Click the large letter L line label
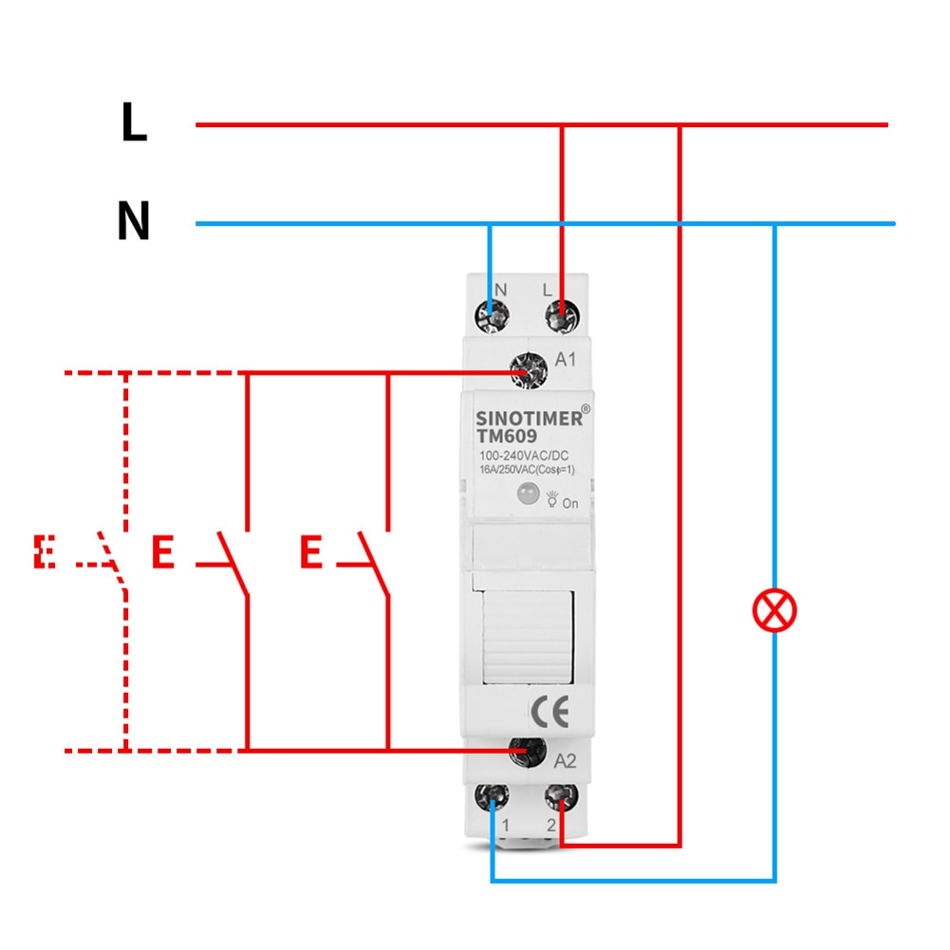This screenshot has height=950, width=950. [134, 123]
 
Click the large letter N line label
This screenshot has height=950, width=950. [134, 223]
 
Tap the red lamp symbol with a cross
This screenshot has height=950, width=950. [774, 610]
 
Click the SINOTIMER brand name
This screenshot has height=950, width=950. [528, 419]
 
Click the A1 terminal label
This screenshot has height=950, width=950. [566, 361]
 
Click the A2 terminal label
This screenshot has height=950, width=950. [565, 759]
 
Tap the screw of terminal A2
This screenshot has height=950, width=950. [523, 753]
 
